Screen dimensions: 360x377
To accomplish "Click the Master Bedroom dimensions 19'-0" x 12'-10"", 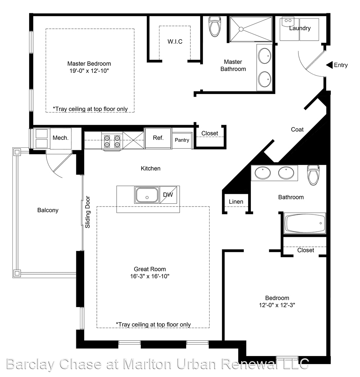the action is (89, 71).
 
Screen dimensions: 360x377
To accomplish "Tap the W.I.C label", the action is (175, 41).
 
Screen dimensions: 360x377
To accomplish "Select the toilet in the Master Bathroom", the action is (215, 26).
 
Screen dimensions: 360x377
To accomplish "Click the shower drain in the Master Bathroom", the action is (241, 29).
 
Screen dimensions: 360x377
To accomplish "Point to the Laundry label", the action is (300, 28).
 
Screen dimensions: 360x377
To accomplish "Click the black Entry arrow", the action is (329, 65).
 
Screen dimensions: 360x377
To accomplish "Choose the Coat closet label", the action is (297, 130).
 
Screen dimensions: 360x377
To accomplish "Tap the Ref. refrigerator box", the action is (158, 138).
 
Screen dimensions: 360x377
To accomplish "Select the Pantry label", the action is (182, 140).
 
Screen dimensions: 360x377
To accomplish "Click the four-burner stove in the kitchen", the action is (112, 141).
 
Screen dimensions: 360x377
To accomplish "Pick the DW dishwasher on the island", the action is (168, 195).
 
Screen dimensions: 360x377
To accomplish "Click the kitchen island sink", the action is (147, 195).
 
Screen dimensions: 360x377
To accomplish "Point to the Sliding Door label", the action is (87, 212).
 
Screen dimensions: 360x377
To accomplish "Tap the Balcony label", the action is (48, 210).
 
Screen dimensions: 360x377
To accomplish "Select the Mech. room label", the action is (60, 138).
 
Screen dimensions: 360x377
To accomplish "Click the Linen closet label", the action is (236, 202).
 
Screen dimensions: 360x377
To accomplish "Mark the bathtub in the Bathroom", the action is (305, 223).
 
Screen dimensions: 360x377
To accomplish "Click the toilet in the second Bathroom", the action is (314, 175).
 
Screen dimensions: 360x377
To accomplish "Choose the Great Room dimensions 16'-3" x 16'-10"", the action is (150, 276).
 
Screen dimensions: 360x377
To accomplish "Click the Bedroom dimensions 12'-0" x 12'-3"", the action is (277, 305).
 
